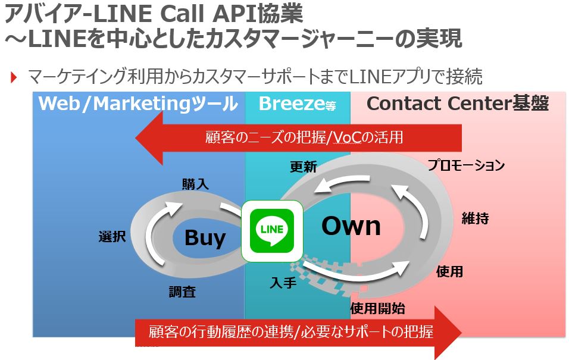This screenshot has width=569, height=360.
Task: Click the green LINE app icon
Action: pos(271,231)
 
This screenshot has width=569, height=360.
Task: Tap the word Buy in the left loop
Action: pos(205,238)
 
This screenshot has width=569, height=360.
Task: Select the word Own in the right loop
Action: pos(351,226)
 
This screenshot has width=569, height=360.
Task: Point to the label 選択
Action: pos(112,236)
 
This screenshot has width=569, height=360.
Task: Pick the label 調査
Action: pos(182,292)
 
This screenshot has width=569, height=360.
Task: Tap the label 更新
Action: pos(303,167)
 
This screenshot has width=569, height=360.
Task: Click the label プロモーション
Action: pos(466,165)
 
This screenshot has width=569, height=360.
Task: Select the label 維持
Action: pos(475,218)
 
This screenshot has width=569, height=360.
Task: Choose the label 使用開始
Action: pos(377,308)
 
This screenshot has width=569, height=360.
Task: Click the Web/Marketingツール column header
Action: pos(137,104)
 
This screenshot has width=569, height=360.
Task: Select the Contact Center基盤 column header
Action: pos(457,104)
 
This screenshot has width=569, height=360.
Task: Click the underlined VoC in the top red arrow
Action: pos(347,137)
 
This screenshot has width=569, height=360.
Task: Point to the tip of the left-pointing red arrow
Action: pos(137,138)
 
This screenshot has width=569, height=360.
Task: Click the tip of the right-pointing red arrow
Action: pos(461,331)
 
